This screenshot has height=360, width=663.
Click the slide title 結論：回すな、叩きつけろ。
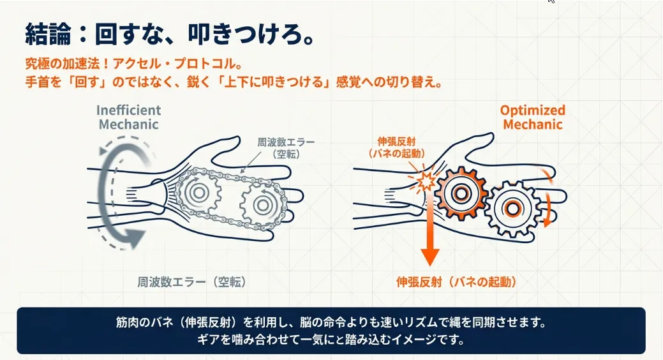click(x=170, y=34)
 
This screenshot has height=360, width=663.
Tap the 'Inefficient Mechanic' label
click(x=129, y=117)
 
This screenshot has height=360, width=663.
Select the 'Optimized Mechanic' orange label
click(x=532, y=117)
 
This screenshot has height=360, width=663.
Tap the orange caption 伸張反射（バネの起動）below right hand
click(x=456, y=281)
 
